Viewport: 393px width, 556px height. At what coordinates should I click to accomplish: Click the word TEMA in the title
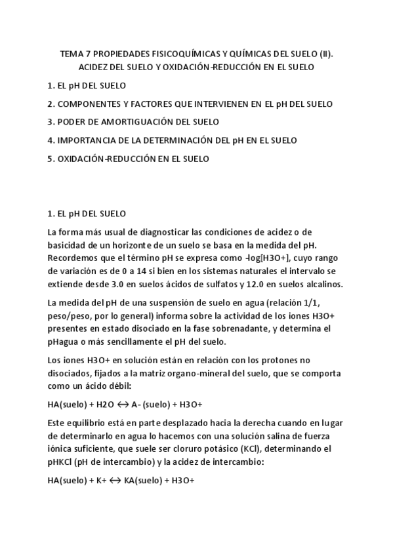click(72, 54)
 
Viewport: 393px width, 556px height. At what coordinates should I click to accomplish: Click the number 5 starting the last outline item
click(50, 159)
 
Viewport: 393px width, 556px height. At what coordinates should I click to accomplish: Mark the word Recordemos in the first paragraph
click(72, 257)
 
